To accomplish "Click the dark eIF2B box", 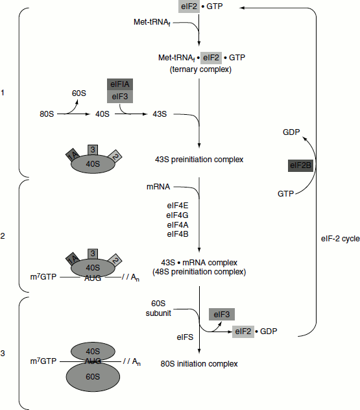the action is pos(300,165).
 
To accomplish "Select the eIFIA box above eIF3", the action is pos(120,84).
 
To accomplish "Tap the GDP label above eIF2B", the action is pos(291,132).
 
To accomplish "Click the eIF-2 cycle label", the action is pos(340,239).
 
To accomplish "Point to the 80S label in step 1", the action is pos(47,114).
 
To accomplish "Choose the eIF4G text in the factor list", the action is pos(177,215).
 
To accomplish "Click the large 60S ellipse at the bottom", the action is pos(93,377).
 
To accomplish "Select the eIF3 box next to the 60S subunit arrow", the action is pos(222,314).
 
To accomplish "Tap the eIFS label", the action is pos(185,337).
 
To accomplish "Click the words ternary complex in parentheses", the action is pos(200,69).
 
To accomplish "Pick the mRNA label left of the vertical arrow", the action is pos(158,187).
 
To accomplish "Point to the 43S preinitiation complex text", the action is pos(199,160).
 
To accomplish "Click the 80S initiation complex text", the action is pos(199,364).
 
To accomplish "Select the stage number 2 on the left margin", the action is pos(3,236).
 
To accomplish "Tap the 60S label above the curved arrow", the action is pos(79,93).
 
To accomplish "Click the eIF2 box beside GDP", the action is pos(243,332).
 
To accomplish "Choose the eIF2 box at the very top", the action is pos(189,6).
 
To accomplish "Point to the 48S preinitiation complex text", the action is pos(199,272).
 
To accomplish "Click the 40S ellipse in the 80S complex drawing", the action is pos(93,351).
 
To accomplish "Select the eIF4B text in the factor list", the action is pos(178,234).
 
